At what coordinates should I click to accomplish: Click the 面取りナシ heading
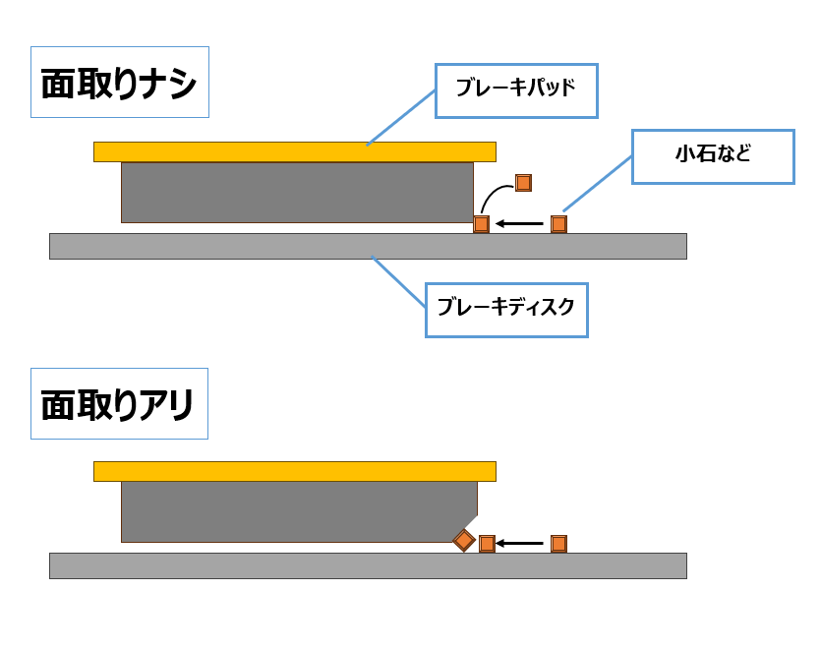[119, 83]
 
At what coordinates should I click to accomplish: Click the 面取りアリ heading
[119, 404]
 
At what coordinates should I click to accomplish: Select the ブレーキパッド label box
[516, 90]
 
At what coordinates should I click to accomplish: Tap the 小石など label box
[712, 156]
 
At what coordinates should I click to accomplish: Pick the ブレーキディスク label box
[505, 310]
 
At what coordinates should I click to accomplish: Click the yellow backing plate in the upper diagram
[294, 151]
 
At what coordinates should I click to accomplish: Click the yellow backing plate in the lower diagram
[294, 471]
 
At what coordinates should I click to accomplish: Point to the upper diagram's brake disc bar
[367, 246]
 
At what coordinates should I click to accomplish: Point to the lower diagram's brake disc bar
[367, 565]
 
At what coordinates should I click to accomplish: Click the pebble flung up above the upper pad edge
[523, 183]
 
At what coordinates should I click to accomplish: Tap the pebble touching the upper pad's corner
[481, 224]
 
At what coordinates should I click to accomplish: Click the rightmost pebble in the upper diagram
[558, 224]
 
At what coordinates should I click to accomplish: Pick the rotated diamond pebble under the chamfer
[464, 541]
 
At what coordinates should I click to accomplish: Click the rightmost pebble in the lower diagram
[558, 544]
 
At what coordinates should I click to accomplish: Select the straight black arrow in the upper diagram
[520, 224]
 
